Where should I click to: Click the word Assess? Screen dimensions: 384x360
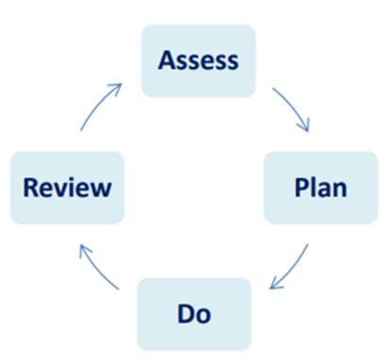[198, 60]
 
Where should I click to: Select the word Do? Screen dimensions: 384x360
[194, 312]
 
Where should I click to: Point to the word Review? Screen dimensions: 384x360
[66, 186]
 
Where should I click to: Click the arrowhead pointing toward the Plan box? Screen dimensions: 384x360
[304, 127]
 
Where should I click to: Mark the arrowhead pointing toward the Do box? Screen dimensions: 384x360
[274, 284]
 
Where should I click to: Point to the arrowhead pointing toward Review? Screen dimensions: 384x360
[84, 249]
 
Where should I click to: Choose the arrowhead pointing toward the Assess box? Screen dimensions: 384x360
[117, 88]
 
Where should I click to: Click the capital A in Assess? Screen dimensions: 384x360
[168, 60]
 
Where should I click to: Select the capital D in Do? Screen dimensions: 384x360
[185, 312]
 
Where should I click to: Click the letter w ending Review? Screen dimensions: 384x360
[101, 188]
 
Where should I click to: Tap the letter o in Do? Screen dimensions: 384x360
[203, 314]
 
